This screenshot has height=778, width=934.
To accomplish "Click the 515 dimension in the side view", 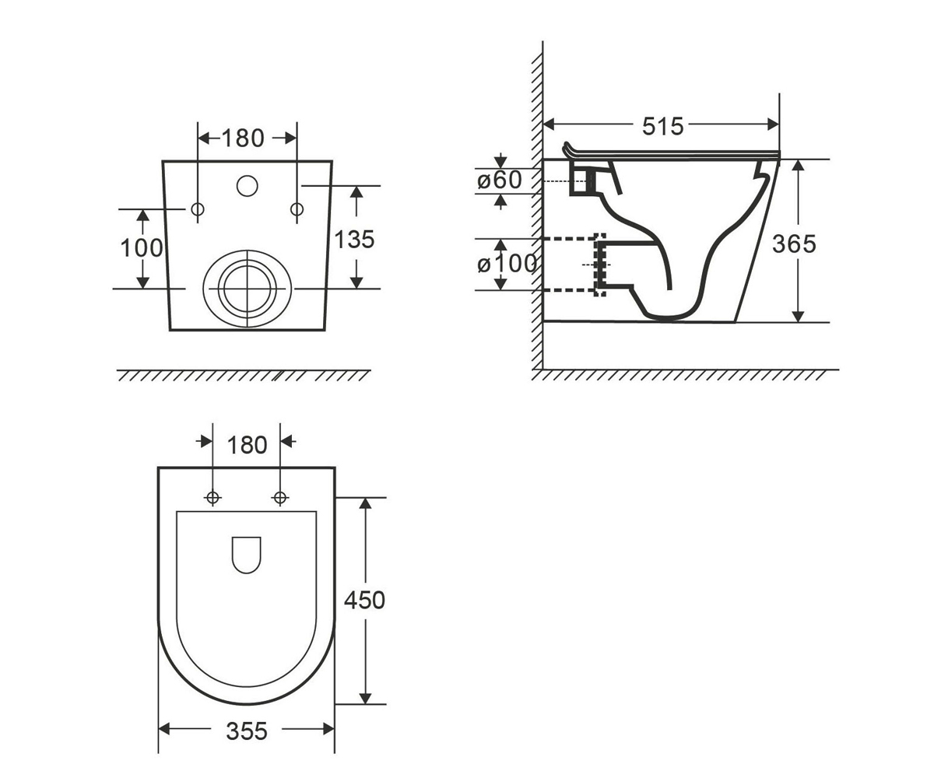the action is pyautogui.click(x=662, y=127).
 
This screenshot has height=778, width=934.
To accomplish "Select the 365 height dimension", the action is pyautogui.click(x=794, y=244).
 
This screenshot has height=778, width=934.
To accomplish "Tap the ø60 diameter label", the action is pyautogui.click(x=499, y=180).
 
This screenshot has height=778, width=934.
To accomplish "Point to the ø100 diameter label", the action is pyautogui.click(x=507, y=264).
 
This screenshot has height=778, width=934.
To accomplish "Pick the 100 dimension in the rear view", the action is pyautogui.click(x=142, y=248).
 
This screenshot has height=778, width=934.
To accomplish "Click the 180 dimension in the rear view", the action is pyautogui.click(x=243, y=138).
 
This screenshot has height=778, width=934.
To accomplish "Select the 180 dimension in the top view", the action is pyautogui.click(x=247, y=445).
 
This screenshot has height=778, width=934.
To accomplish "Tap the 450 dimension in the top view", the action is pyautogui.click(x=364, y=600).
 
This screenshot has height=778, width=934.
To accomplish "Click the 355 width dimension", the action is pyautogui.click(x=247, y=731).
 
